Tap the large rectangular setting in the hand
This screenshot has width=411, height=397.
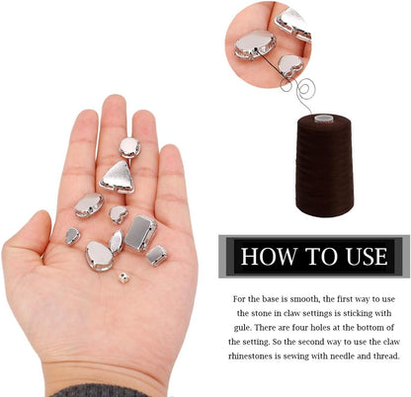140,233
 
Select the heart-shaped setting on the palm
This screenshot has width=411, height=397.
119,214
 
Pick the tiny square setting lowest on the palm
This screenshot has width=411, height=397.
123,278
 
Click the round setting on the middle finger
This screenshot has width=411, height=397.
129,148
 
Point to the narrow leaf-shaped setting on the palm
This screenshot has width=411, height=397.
117,242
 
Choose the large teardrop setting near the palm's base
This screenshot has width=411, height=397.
99,256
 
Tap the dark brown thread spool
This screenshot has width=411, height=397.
324,166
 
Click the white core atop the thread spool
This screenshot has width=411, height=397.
323,119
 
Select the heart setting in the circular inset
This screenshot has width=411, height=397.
290,65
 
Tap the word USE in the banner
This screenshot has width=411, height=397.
367,257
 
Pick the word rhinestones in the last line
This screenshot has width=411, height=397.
254,357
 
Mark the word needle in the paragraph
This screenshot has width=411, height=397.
342,357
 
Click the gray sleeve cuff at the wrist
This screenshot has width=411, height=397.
99,391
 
